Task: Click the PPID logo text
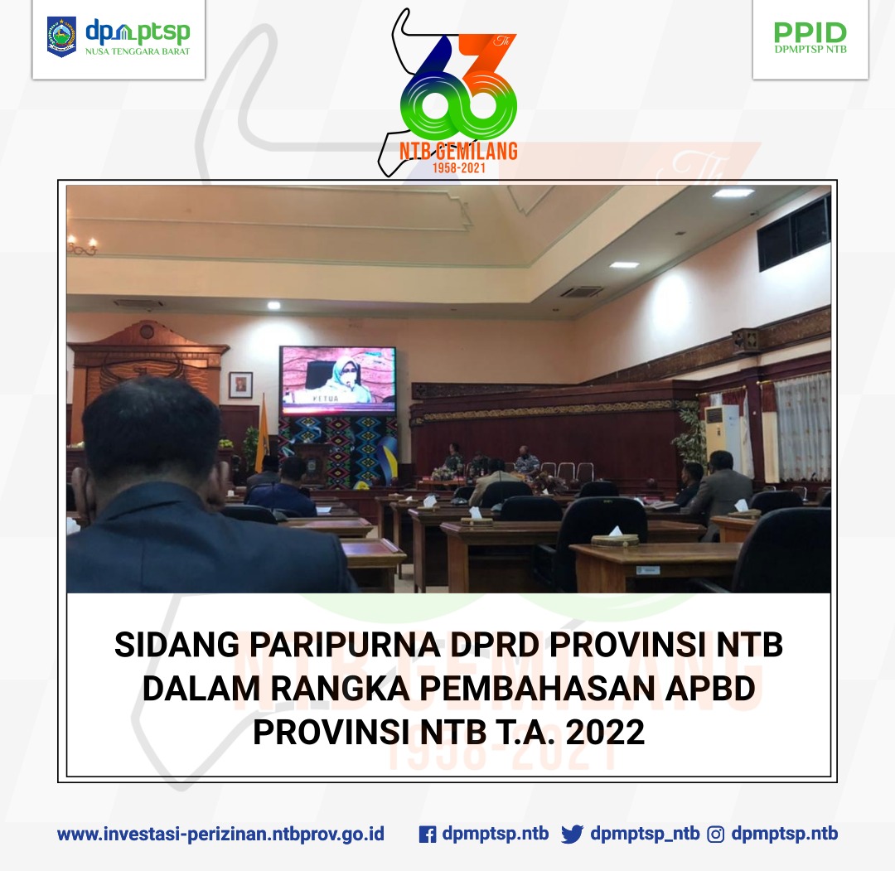(x=810, y=32)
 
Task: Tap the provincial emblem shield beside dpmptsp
(x=61, y=37)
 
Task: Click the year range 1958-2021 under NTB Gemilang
(x=458, y=167)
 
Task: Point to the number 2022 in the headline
(x=605, y=733)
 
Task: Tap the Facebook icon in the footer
(x=427, y=835)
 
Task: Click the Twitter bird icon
(x=572, y=835)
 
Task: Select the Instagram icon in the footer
(x=715, y=835)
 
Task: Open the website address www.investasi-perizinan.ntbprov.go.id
(x=221, y=835)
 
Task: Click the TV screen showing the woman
(x=338, y=380)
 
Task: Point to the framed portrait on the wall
(x=240, y=385)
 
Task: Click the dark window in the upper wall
(x=793, y=233)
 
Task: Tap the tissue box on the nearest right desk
(x=615, y=538)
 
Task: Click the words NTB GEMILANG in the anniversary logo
(x=458, y=152)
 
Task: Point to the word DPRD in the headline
(x=494, y=645)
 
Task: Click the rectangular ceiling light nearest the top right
(x=733, y=193)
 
